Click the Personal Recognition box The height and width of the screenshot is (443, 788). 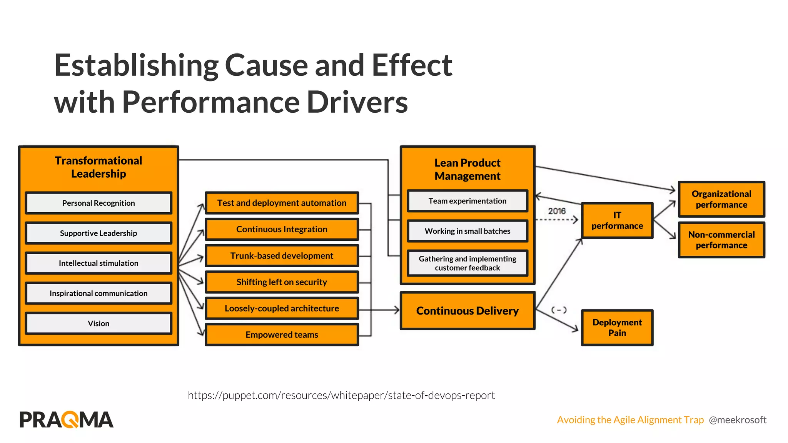pyautogui.click(x=98, y=203)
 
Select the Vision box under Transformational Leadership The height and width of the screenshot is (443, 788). pyautogui.click(x=98, y=323)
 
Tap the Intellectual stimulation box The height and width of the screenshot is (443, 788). pyautogui.click(x=98, y=263)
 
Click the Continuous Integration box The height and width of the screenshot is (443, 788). pyautogui.click(x=282, y=229)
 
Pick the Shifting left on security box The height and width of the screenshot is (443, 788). pyautogui.click(x=282, y=282)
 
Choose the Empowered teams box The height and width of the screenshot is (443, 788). pyautogui.click(x=282, y=335)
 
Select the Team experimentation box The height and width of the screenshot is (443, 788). pyautogui.click(x=467, y=201)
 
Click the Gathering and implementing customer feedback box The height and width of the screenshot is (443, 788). pyautogui.click(x=467, y=263)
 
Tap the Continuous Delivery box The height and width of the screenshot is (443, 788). pyautogui.click(x=467, y=311)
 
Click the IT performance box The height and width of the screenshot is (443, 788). pyautogui.click(x=617, y=221)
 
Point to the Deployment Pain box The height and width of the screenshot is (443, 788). pyautogui.click(x=617, y=328)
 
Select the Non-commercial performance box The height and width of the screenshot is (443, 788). pyautogui.click(x=721, y=240)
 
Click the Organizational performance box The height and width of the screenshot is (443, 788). pyautogui.click(x=721, y=199)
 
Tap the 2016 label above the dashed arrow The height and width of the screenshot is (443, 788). pyautogui.click(x=557, y=211)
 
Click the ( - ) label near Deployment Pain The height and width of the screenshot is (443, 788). pyautogui.click(x=559, y=310)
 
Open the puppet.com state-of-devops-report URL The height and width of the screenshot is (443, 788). pyautogui.click(x=341, y=395)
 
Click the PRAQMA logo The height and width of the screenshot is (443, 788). pyautogui.click(x=67, y=420)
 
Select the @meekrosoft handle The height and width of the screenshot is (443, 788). pyautogui.click(x=738, y=420)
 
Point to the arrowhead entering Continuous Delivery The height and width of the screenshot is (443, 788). pyautogui.click(x=397, y=310)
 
